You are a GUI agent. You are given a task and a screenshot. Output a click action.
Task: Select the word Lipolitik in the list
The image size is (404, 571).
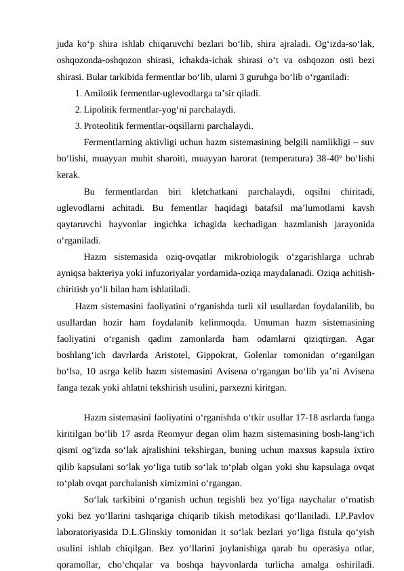tap(101, 109)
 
